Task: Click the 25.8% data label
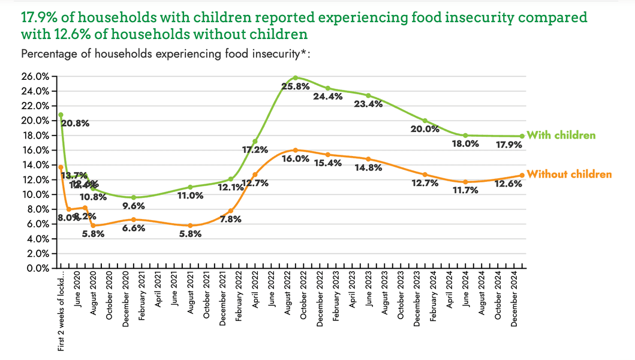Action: click(x=296, y=86)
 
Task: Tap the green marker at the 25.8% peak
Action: click(x=295, y=77)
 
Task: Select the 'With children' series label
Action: click(x=561, y=135)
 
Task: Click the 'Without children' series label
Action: click(x=569, y=174)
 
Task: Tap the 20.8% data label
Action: click(x=75, y=124)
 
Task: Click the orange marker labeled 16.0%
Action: click(x=295, y=150)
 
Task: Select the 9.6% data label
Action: click(x=134, y=206)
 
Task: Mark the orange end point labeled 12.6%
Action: click(x=522, y=175)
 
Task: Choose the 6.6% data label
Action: click(x=134, y=228)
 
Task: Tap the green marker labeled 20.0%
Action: click(x=425, y=121)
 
